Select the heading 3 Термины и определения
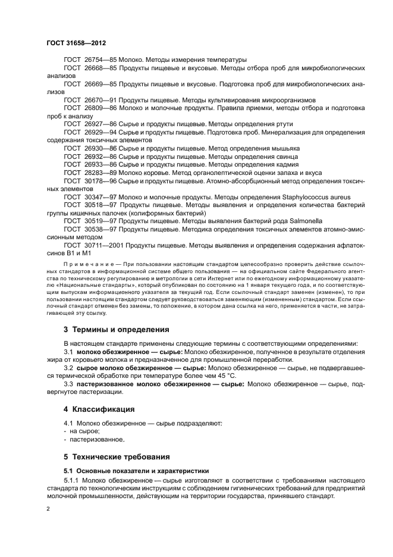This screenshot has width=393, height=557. [x=116, y=329]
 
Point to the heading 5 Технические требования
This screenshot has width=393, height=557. [x=117, y=456]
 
